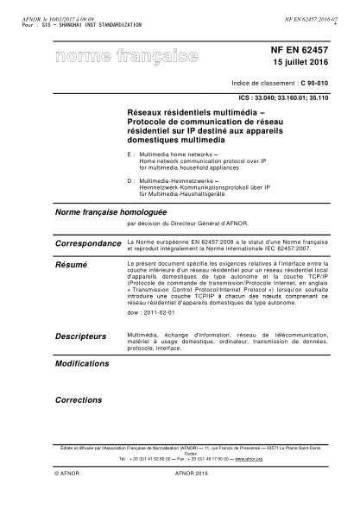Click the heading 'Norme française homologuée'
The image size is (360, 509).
point(107,211)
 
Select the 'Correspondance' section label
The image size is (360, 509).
point(88,245)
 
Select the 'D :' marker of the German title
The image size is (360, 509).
point(130,180)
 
